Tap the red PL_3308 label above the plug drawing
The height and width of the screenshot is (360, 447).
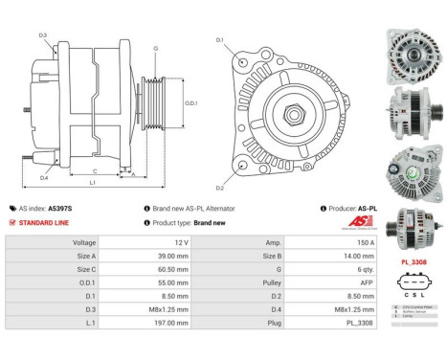tap(413, 261)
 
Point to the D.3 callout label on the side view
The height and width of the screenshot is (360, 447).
tap(43, 35)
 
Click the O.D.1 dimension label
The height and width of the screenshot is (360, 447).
tap(190, 102)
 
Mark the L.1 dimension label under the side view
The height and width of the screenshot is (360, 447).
tap(91, 182)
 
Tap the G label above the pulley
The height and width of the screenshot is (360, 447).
tap(155, 47)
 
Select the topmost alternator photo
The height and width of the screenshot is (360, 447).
tap(413, 47)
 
